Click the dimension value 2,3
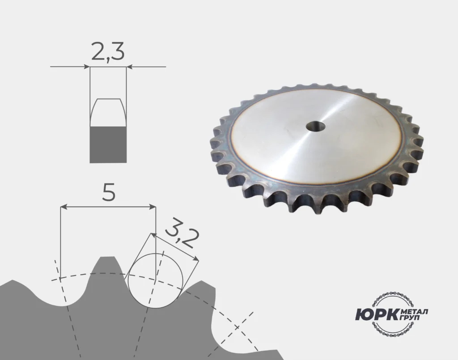coord(108,51)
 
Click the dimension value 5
coord(109,192)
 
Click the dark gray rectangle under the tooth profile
coord(108,144)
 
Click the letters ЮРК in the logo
coord(377,314)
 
